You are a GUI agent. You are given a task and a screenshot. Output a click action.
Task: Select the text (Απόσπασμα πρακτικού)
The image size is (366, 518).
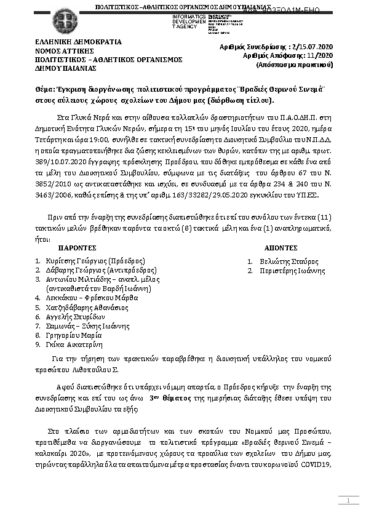(298, 63)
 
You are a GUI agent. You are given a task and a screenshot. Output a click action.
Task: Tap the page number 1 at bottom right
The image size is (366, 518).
(348, 502)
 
